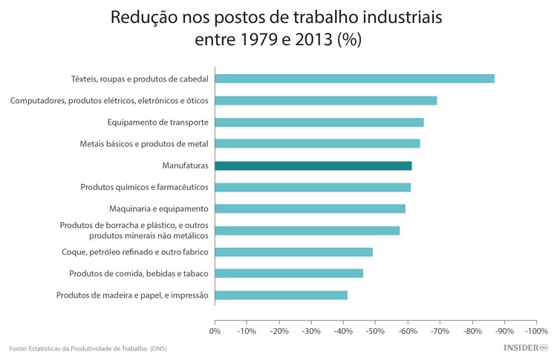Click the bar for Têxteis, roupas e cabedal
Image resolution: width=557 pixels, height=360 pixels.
point(354,79)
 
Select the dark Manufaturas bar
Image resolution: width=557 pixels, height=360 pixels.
point(313,166)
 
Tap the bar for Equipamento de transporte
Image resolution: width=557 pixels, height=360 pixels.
point(319,122)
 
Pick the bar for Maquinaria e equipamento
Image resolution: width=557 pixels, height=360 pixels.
point(310,209)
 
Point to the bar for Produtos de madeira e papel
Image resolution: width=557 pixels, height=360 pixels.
point(281,295)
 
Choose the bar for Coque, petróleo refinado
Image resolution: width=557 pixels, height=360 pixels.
point(293,252)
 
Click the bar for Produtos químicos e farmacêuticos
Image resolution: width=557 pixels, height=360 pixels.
point(313,187)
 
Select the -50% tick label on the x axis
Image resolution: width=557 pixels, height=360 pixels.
point(375,331)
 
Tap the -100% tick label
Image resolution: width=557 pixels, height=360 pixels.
point(535,331)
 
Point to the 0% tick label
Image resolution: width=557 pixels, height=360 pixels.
point(215,331)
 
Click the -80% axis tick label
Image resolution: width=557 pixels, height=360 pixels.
point(472,331)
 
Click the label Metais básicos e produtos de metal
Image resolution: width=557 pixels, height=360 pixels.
point(144,144)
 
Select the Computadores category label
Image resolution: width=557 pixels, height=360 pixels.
point(109,100)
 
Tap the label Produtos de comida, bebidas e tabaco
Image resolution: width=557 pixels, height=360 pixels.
point(138,274)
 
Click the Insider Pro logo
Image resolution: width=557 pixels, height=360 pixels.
point(526,347)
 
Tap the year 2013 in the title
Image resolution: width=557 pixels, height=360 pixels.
point(316,39)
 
